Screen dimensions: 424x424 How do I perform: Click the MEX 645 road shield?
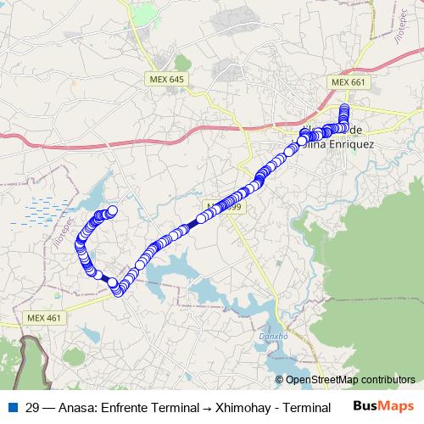pyautogui.click(x=165, y=79)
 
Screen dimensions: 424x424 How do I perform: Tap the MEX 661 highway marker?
pyautogui.click(x=348, y=82)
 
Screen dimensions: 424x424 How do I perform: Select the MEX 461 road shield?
pyautogui.click(x=43, y=318)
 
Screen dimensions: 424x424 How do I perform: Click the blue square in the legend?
pyautogui.click(x=10, y=406)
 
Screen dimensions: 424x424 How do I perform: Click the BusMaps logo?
pyautogui.click(x=383, y=405)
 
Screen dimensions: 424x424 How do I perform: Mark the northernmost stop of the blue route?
pyautogui.click(x=344, y=109)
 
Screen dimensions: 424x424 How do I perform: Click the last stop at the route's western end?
pyautogui.click(x=112, y=211)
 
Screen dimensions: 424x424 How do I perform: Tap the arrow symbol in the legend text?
pyautogui.click(x=207, y=407)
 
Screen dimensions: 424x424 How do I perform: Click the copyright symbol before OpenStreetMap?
pyautogui.click(x=281, y=380)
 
